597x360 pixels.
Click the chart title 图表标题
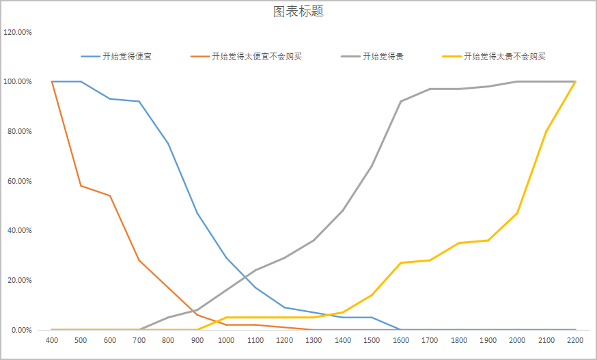click(298, 12)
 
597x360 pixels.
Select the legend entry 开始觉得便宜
click(127, 56)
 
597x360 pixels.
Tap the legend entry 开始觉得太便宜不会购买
click(257, 56)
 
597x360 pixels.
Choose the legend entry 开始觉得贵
click(383, 56)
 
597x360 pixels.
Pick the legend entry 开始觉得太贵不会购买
click(505, 56)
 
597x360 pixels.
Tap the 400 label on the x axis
click(52, 340)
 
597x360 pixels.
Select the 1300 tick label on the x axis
click(314, 340)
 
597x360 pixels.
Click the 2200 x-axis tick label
click(576, 340)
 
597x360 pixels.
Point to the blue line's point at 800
click(168, 143)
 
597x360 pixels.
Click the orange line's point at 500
click(81, 186)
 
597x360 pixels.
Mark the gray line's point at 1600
click(401, 101)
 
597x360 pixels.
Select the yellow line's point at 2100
click(546, 131)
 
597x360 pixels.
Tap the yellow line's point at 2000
click(517, 213)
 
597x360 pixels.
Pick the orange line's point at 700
click(139, 260)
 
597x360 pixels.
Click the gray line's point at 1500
click(372, 166)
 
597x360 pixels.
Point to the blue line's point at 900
click(197, 213)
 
